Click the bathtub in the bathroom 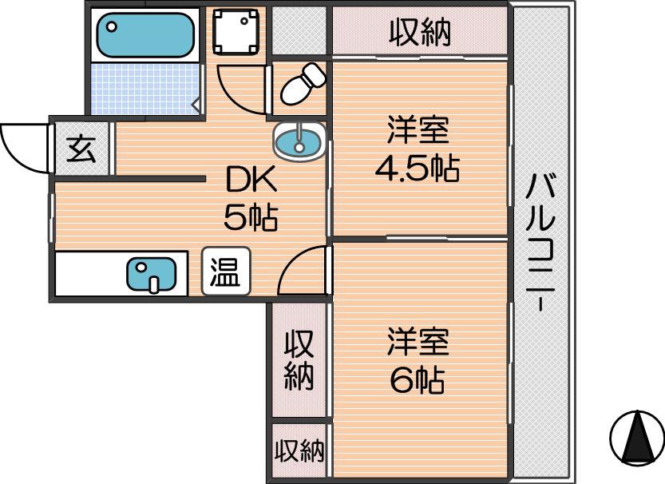145,35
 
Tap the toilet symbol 303,84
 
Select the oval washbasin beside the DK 299,142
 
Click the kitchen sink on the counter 152,275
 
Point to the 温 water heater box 226,272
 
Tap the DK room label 251,180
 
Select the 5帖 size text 251,216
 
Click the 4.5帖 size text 418,168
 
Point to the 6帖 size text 418,379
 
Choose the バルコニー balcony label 540,242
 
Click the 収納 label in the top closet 419,31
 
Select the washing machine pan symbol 236,31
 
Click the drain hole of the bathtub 112,26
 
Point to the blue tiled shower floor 145,89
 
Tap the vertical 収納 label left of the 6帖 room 299,360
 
